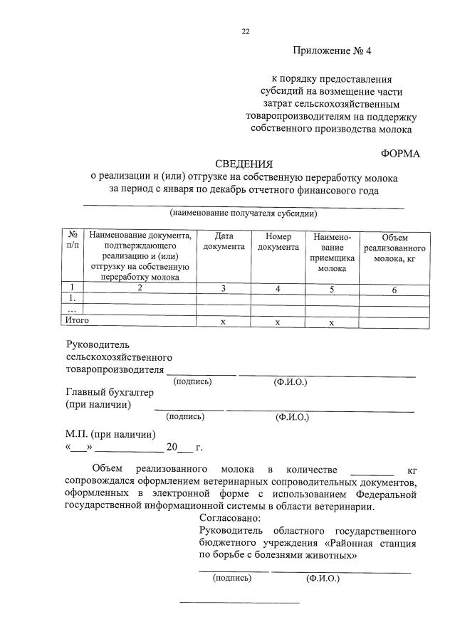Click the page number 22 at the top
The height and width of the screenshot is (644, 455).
click(x=246, y=31)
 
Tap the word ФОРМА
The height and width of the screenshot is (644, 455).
click(x=400, y=153)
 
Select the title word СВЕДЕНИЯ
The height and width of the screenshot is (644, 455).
click(x=244, y=165)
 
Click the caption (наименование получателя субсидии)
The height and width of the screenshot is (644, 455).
click(x=243, y=213)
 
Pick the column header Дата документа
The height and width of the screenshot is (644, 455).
click(x=224, y=241)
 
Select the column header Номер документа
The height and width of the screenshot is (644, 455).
click(x=278, y=241)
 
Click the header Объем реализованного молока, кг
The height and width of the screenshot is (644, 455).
click(x=394, y=248)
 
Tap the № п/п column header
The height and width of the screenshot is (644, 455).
click(x=73, y=240)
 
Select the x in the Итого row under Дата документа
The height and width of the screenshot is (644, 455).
click(x=223, y=322)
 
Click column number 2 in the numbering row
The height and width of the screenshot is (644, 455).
click(x=140, y=287)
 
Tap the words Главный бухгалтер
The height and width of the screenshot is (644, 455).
click(x=108, y=391)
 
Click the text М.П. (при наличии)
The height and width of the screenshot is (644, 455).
click(x=110, y=434)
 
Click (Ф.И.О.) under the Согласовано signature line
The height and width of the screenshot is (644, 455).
click(x=323, y=579)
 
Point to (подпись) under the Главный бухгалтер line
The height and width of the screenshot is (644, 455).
click(x=184, y=416)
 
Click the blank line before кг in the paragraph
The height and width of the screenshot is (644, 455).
click(x=372, y=471)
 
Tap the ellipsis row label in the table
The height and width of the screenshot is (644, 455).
click(x=71, y=310)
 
